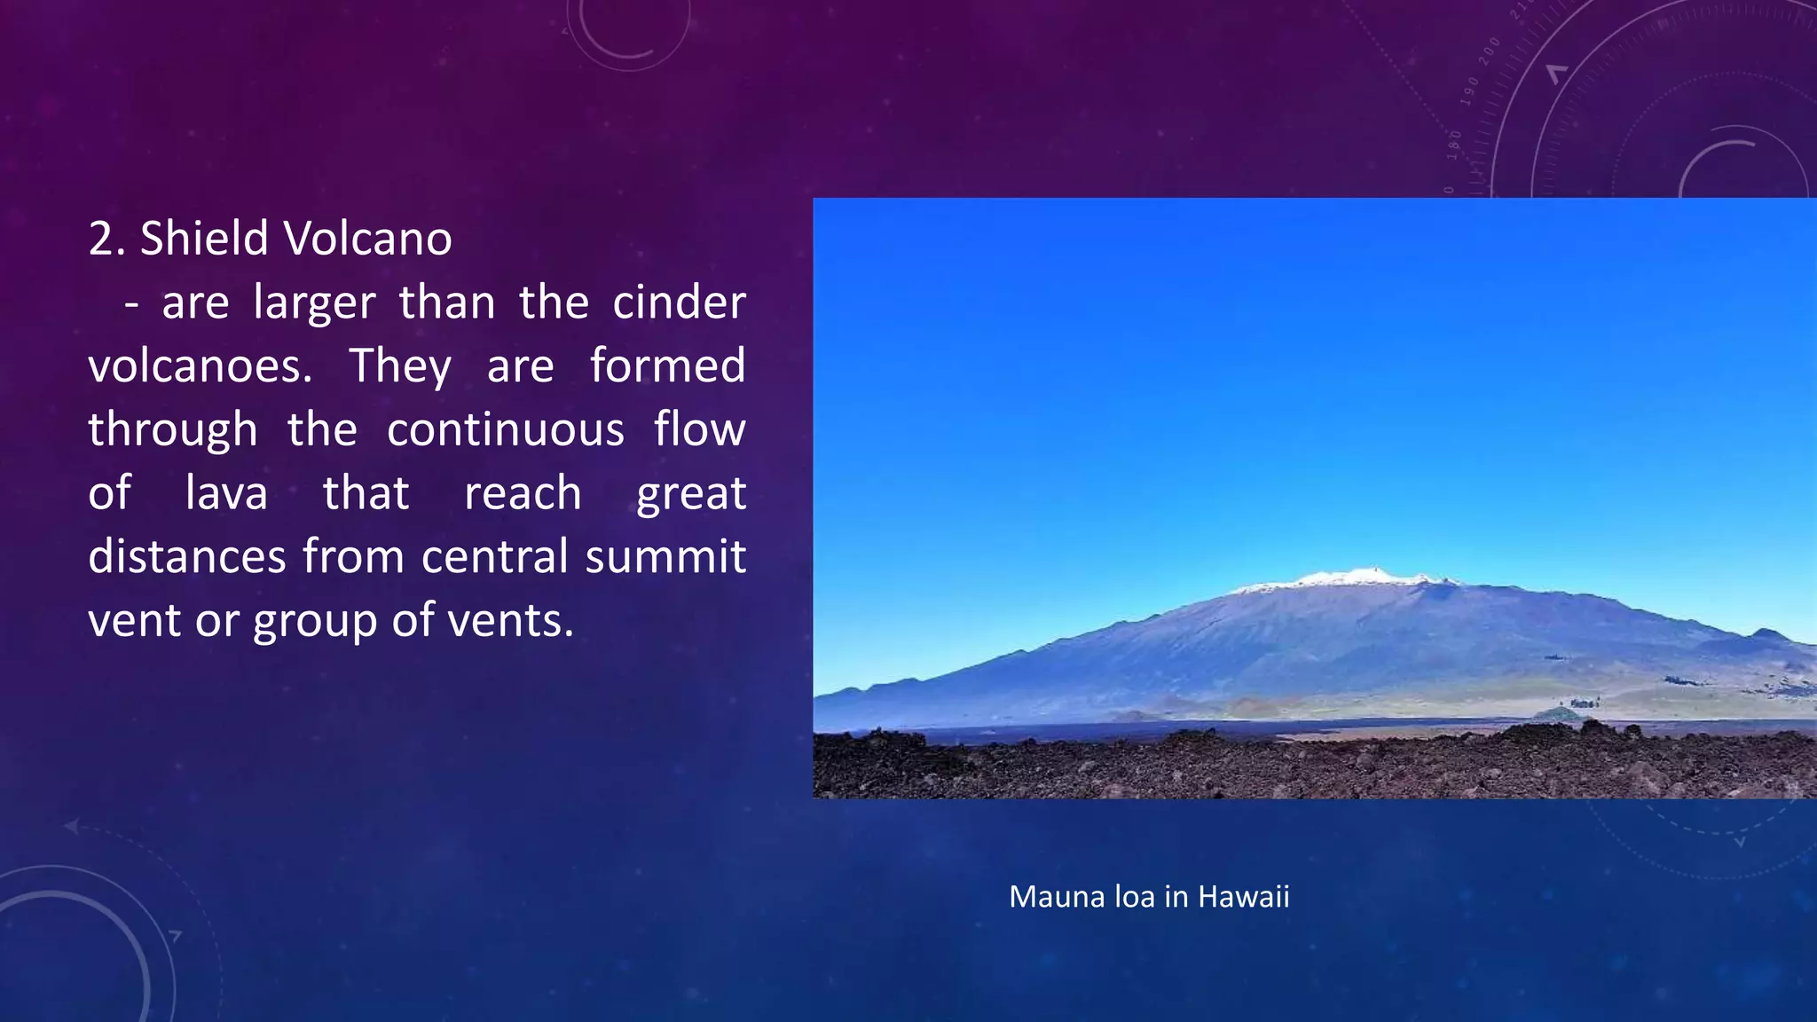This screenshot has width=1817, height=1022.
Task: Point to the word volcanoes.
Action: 200,366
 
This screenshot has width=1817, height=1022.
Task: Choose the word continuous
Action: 506,430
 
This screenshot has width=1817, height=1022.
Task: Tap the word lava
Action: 226,493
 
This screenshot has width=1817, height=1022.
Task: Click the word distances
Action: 187,557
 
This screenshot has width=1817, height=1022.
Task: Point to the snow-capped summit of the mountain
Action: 1349,578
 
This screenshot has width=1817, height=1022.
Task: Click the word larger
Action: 314,304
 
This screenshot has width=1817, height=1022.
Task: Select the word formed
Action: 667,366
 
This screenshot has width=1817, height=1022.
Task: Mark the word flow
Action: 699,430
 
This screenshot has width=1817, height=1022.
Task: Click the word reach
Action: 523,493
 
